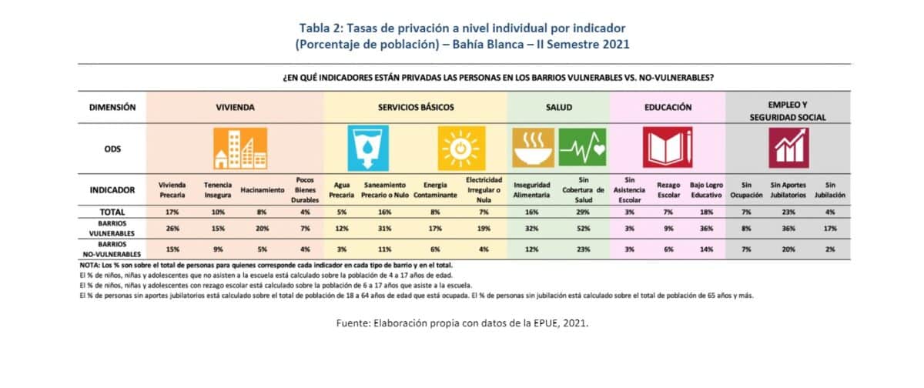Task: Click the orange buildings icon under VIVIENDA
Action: click(x=240, y=149)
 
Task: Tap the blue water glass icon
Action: click(x=368, y=149)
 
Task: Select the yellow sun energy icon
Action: click(x=461, y=149)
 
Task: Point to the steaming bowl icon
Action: click(x=534, y=148)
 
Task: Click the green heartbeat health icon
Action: click(x=582, y=148)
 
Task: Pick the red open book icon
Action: click(x=668, y=147)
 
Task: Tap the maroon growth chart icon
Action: click(x=788, y=148)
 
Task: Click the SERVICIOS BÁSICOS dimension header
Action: click(x=416, y=107)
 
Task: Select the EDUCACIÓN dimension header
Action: click(x=668, y=107)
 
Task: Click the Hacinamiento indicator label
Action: click(x=263, y=190)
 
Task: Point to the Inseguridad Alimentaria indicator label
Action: click(x=532, y=190)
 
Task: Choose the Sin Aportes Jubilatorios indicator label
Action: click(x=788, y=190)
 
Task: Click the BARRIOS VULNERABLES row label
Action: click(x=112, y=229)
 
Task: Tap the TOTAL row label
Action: click(x=112, y=212)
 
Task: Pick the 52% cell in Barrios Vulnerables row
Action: click(x=584, y=229)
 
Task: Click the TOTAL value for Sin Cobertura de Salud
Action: click(x=583, y=212)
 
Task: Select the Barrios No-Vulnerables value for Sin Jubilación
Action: click(x=830, y=249)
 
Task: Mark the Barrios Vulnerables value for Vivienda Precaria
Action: click(x=172, y=229)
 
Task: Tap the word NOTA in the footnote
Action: click(x=89, y=265)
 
